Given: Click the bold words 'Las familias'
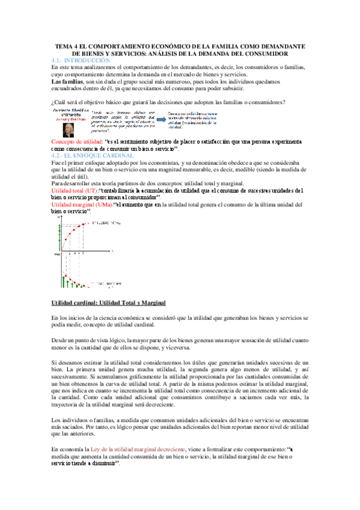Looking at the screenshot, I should pyautogui.click(x=67, y=81).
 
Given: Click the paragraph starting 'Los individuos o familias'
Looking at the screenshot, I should pyautogui.click(x=180, y=426).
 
